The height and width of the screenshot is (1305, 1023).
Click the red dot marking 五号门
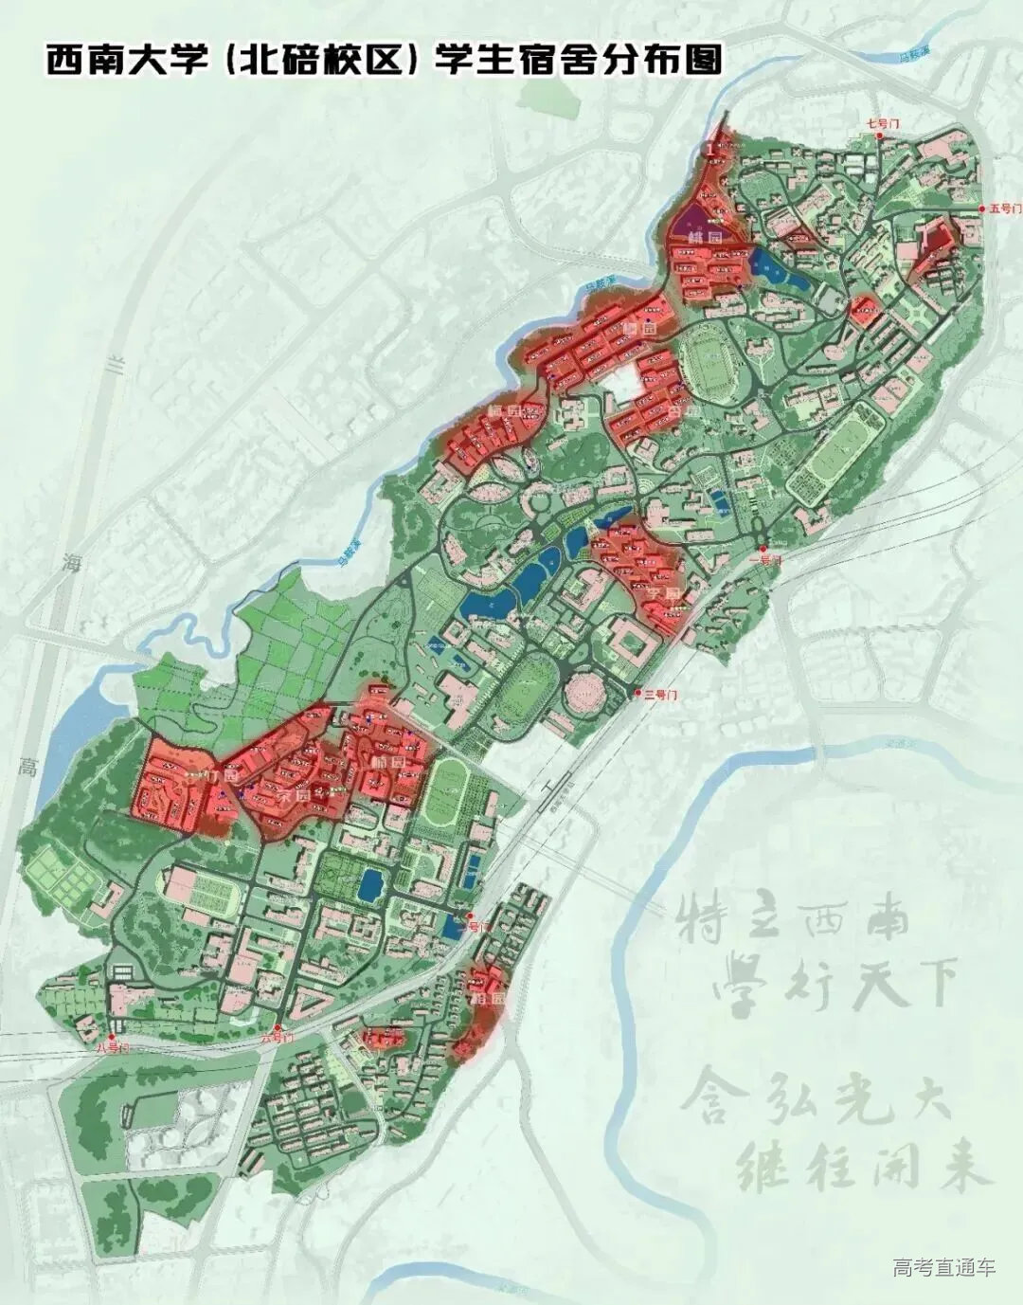click(981, 208)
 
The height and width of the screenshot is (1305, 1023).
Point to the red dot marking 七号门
click(880, 136)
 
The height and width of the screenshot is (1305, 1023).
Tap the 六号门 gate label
click(274, 1039)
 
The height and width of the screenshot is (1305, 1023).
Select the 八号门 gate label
click(111, 1048)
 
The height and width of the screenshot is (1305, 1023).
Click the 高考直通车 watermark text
click(943, 1267)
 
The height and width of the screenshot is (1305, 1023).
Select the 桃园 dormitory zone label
click(706, 237)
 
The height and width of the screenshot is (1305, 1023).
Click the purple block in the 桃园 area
click(701, 222)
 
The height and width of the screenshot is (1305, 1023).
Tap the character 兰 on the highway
click(117, 365)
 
